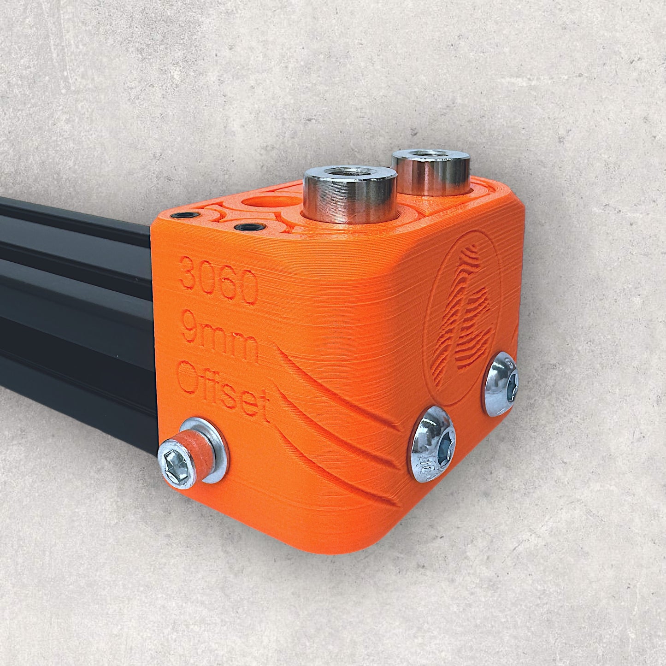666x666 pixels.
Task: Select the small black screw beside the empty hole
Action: tap(249, 227)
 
